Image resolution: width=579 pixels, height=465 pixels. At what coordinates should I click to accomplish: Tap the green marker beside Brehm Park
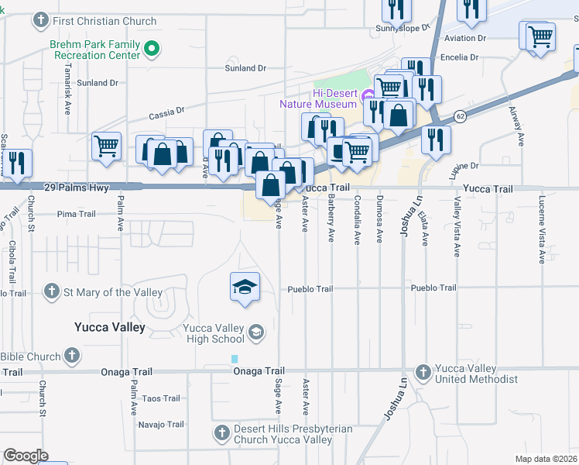[152, 50]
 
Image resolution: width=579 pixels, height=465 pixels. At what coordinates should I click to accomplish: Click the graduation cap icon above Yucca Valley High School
[244, 287]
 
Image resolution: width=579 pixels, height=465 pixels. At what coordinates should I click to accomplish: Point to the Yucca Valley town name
[109, 327]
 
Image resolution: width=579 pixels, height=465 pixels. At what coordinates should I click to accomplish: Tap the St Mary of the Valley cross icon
[51, 292]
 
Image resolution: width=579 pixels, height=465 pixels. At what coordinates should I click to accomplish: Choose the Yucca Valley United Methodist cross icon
[423, 372]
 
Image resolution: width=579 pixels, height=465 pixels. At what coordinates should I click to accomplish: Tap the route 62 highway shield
[460, 116]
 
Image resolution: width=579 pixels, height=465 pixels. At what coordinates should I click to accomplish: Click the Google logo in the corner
[26, 456]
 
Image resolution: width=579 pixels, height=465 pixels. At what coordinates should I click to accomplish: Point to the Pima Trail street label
[76, 214]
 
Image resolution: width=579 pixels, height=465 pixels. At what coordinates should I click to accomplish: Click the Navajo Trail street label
[161, 424]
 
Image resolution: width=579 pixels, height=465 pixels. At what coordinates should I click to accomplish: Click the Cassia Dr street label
[166, 112]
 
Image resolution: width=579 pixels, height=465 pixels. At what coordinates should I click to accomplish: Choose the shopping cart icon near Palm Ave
[106, 146]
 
